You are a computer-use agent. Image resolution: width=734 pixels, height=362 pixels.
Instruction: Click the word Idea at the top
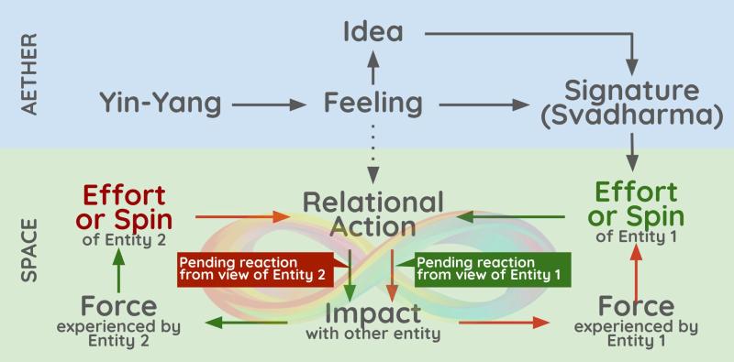click(x=373, y=31)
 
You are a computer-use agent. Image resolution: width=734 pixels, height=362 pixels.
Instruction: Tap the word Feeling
click(x=373, y=103)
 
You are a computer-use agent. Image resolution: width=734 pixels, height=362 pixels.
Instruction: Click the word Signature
click(x=632, y=92)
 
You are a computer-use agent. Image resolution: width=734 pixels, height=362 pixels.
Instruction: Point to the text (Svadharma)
click(x=632, y=118)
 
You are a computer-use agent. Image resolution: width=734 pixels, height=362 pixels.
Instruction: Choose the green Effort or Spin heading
click(x=636, y=204)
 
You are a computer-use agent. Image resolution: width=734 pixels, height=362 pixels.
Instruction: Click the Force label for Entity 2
click(x=117, y=304)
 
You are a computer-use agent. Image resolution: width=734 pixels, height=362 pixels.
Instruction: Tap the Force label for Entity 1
click(x=635, y=304)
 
